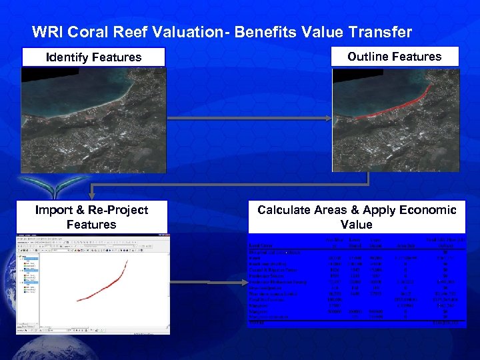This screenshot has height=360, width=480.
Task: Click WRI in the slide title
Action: point(47,32)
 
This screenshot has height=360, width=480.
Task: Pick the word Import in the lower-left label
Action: point(55,210)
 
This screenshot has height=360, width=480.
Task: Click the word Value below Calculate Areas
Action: point(356,225)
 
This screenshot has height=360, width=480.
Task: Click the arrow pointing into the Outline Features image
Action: point(327,119)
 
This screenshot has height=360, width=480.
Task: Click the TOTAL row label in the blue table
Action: point(257,323)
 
